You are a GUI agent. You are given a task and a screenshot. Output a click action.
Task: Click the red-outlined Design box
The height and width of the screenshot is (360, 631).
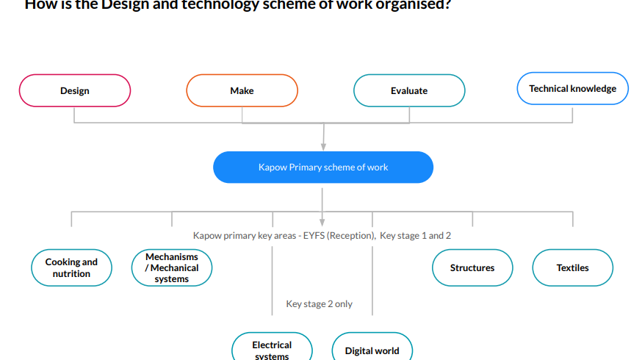coord(75,91)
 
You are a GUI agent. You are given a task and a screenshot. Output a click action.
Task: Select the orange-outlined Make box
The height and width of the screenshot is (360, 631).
coord(242,91)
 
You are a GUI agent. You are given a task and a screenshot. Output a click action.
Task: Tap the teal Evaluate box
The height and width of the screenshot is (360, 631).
coord(409,91)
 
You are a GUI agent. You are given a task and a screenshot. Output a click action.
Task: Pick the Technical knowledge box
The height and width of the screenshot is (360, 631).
coord(572,89)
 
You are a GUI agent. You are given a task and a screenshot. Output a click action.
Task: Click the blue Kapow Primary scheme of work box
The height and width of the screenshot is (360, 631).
coord(323,168)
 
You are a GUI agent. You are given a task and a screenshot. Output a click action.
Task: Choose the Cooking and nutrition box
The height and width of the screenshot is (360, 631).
coord(71,268)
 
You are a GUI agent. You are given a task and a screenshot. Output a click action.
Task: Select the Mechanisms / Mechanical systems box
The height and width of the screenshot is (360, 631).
coord(172,268)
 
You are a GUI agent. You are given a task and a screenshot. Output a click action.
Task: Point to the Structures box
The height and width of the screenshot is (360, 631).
coord(472,268)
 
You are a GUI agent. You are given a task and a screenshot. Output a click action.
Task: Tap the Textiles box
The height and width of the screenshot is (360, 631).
coord(572,268)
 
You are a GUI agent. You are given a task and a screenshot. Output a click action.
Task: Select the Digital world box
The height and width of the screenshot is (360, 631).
coord(372,350)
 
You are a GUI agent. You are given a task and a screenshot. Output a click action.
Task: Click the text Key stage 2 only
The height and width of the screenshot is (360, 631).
coord(320,304)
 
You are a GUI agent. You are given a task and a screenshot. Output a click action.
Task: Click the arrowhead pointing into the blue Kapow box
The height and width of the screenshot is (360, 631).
coord(323,147)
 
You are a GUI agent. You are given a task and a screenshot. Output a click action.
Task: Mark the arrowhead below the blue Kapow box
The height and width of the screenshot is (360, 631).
coord(322,221)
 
